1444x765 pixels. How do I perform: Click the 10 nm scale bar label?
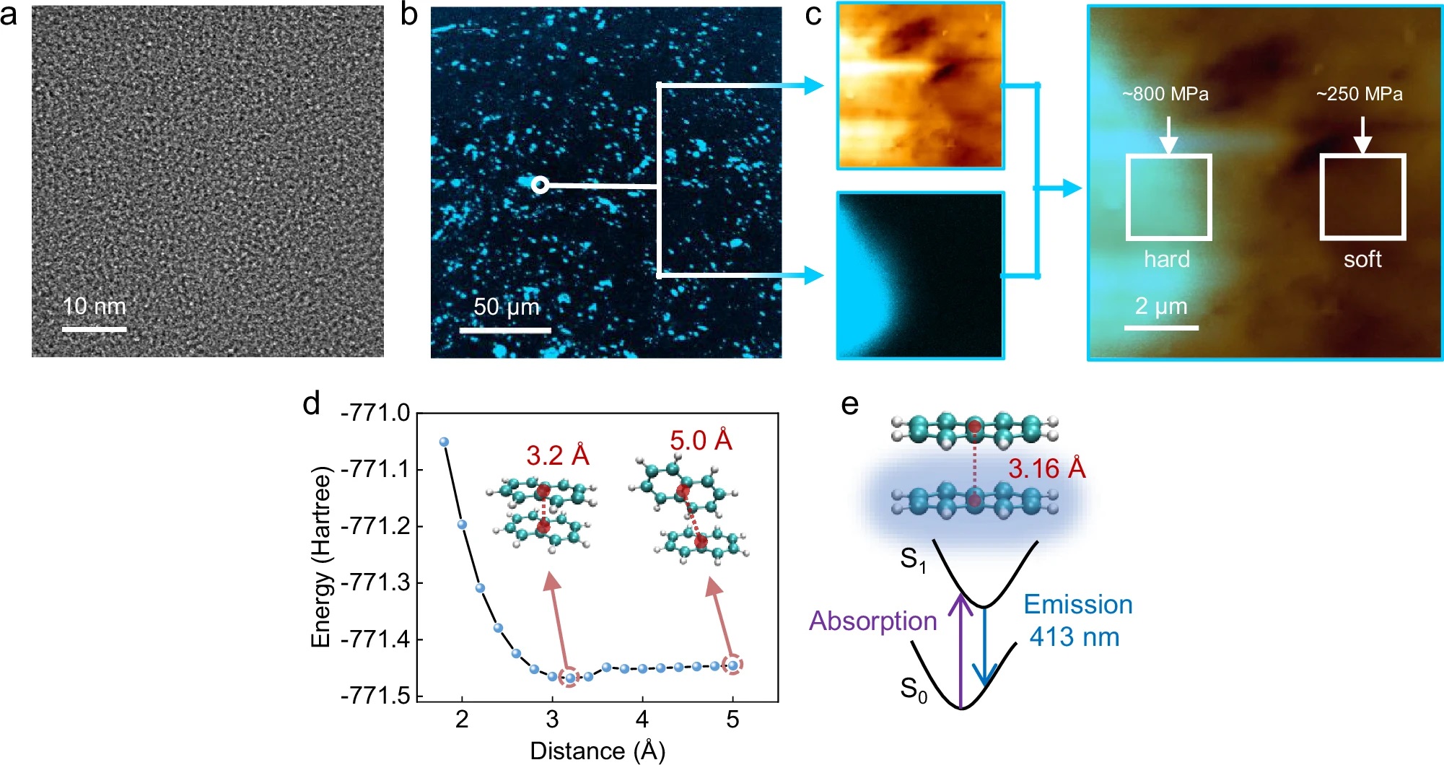click(x=94, y=307)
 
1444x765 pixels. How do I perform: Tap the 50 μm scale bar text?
click(x=506, y=307)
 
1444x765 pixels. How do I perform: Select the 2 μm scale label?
click(x=1160, y=307)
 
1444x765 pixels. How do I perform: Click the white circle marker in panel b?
click(x=540, y=185)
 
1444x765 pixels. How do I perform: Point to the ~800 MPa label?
click(x=1165, y=95)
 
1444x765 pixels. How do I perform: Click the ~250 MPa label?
click(x=1359, y=95)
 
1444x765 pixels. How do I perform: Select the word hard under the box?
click(x=1166, y=259)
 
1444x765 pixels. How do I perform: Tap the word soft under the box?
click(x=1362, y=259)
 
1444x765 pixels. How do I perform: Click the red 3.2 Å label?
click(x=557, y=455)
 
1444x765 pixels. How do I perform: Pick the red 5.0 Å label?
click(x=701, y=440)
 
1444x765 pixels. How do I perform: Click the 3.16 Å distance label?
click(x=1046, y=469)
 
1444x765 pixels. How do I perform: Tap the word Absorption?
click(x=872, y=621)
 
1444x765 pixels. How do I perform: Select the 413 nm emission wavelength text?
click(x=1075, y=637)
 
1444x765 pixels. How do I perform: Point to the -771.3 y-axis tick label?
click(x=375, y=582)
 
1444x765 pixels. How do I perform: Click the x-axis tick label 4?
click(x=642, y=719)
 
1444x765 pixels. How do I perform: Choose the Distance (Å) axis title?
click(x=597, y=751)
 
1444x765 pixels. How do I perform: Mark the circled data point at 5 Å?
click(x=733, y=665)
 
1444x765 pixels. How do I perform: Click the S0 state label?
click(x=913, y=690)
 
